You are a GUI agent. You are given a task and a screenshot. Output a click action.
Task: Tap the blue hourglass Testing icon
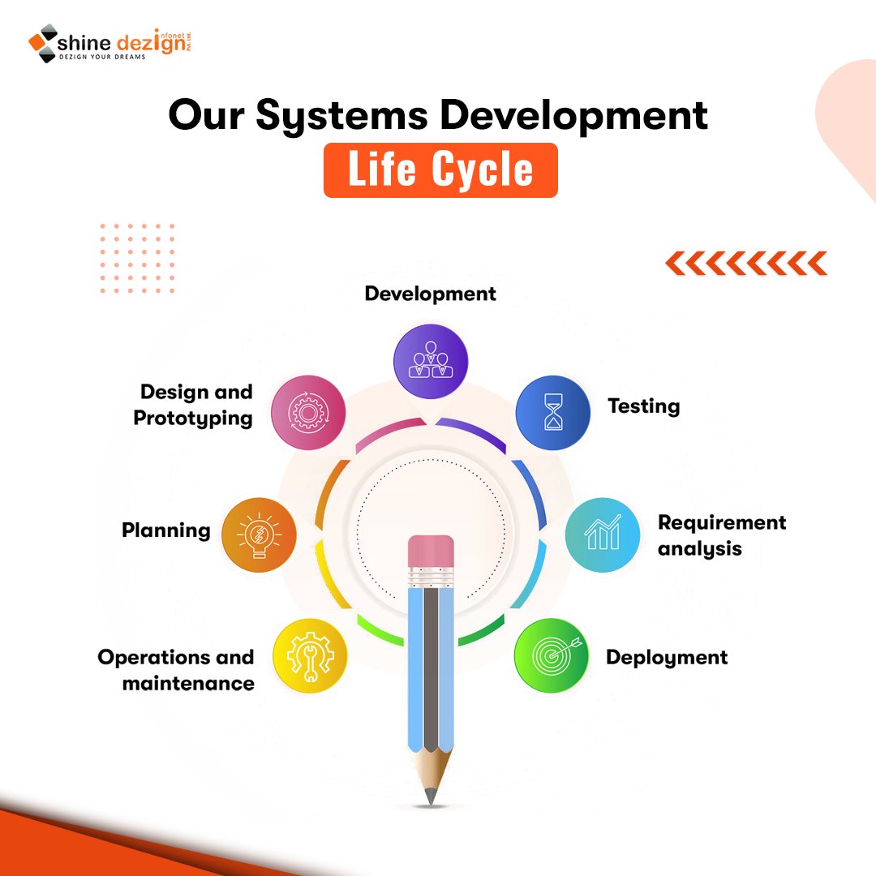click(553, 412)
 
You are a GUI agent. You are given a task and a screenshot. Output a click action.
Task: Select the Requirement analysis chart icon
click(602, 535)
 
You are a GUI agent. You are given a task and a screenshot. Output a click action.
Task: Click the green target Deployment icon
click(552, 655)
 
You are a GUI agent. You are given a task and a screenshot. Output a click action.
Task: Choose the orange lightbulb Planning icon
click(259, 535)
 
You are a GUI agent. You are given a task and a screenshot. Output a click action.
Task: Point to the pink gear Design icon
click(308, 412)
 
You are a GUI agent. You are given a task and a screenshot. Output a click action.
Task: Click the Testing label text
click(643, 406)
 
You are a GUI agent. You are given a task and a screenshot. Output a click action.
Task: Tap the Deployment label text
click(667, 657)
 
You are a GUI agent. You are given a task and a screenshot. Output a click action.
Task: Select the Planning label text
click(166, 530)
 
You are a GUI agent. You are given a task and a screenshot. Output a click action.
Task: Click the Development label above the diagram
click(430, 294)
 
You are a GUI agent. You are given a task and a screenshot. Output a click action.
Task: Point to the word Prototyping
click(193, 419)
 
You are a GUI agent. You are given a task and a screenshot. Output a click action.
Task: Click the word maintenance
click(188, 684)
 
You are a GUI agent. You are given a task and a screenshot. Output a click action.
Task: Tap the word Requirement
click(722, 522)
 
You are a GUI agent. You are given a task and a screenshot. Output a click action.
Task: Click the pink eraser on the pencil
click(431, 552)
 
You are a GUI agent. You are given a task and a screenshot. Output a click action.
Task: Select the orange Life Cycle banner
click(440, 170)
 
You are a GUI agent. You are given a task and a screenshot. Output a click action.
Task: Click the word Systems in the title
click(341, 115)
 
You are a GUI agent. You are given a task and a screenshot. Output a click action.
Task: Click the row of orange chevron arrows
click(745, 263)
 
